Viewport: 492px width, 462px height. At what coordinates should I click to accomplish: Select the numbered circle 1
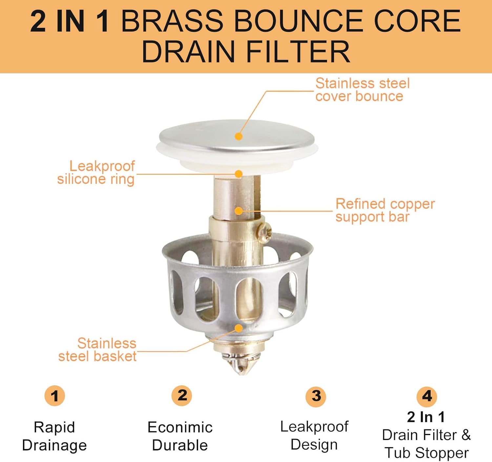[55, 396]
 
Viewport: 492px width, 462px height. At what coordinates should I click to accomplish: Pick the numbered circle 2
[182, 395]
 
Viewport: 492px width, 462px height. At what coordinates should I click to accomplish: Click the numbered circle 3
[316, 396]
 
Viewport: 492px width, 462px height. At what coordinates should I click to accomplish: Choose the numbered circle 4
[426, 397]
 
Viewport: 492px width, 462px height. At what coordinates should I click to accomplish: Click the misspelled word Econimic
[180, 427]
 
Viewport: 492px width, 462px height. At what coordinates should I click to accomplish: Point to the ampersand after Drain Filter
[465, 435]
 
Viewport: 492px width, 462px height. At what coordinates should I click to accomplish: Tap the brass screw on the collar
[265, 232]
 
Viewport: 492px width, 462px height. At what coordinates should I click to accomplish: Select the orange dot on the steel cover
[238, 136]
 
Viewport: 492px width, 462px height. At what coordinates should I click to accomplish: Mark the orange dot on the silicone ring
[238, 174]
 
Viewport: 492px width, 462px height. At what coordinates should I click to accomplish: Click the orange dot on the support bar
[238, 211]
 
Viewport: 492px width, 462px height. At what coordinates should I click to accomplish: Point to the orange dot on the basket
[238, 328]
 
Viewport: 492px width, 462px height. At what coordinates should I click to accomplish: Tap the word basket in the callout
[116, 356]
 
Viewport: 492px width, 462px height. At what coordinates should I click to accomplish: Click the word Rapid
[54, 428]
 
